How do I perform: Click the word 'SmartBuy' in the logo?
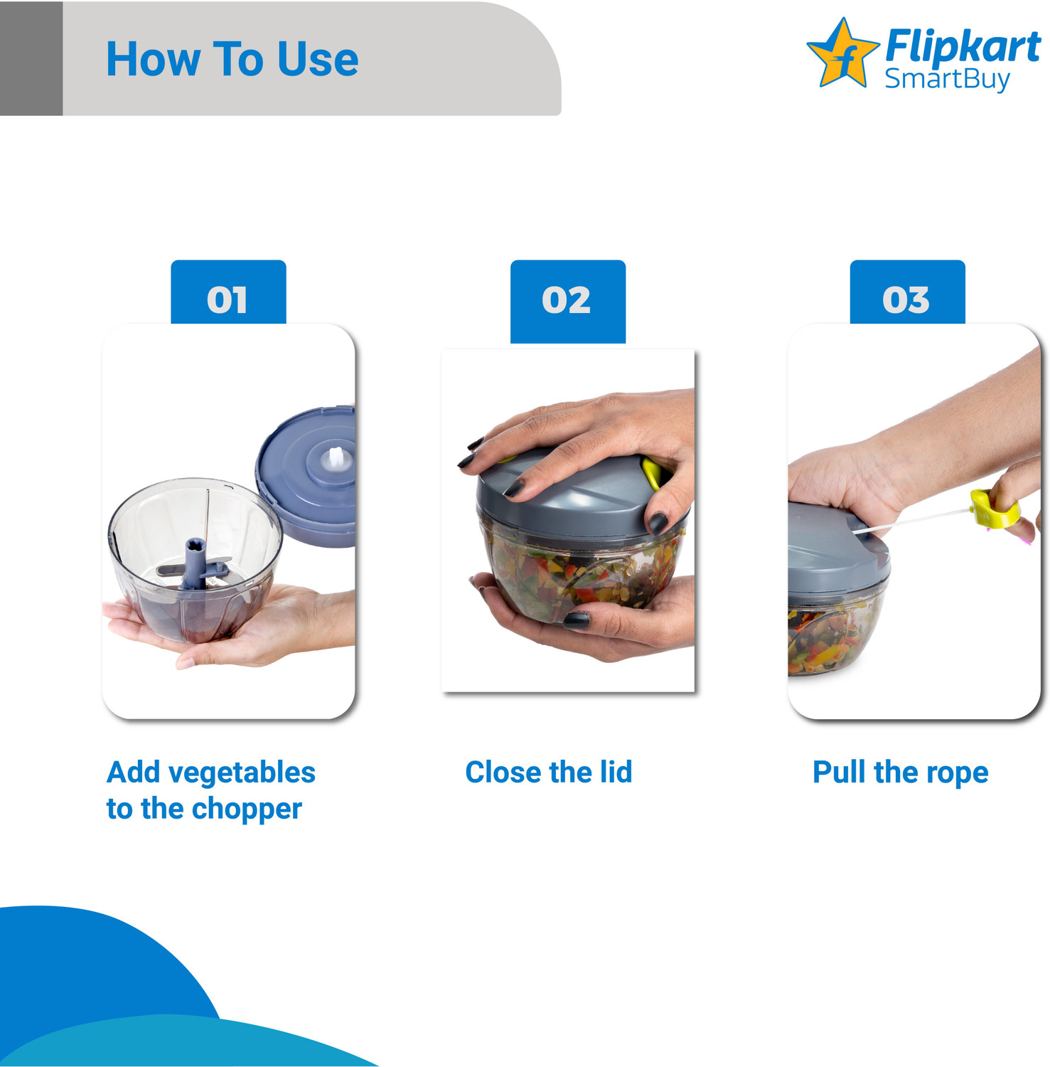946,79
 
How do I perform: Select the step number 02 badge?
567,299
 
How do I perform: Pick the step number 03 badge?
906,299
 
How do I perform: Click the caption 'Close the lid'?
548,773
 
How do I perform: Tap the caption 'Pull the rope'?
900,773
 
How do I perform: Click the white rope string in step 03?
917,519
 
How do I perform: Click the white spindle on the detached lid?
336,459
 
